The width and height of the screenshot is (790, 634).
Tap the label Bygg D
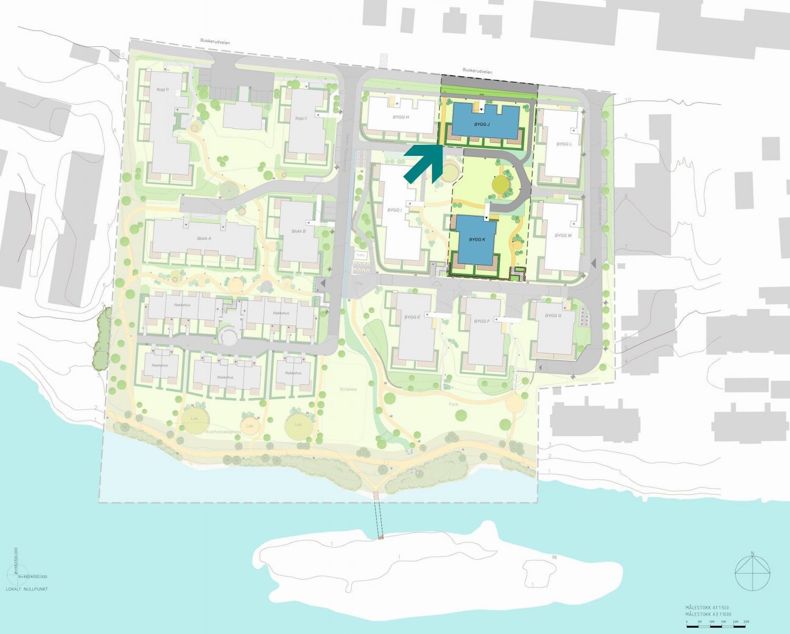pyautogui.click(x=162, y=90)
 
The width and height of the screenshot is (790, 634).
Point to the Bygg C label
pyautogui.click(x=301, y=118)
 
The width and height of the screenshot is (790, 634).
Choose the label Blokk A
pyautogui.click(x=204, y=239)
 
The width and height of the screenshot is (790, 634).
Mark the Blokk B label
pyautogui.click(x=299, y=231)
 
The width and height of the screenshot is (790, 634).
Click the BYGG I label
pyautogui.click(x=394, y=210)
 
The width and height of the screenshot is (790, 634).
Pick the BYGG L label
pyautogui.click(x=564, y=144)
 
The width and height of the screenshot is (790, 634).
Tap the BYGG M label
pyautogui.click(x=562, y=236)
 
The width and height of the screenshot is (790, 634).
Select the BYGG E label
pyautogui.click(x=412, y=317)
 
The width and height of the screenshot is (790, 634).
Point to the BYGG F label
pyautogui.click(x=481, y=321)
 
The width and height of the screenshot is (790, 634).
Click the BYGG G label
pyautogui.click(x=553, y=315)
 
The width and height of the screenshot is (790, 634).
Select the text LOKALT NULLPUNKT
pyautogui.click(x=27, y=589)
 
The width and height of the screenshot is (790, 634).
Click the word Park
pyautogui.click(x=454, y=404)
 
